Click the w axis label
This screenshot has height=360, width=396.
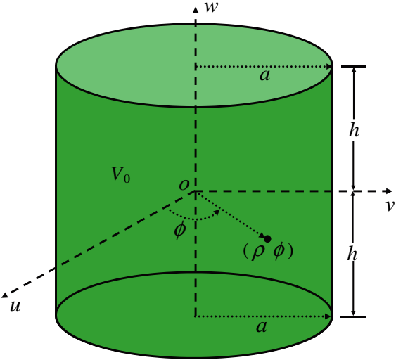coord(212,7)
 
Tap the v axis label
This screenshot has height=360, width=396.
coord(390,206)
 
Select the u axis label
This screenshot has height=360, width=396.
coord(15,307)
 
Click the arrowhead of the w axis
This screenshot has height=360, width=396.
coord(196,10)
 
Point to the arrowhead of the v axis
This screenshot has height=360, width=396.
coord(389,191)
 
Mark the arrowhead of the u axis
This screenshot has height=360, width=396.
coord(5,295)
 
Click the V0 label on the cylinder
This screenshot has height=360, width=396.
coord(121,174)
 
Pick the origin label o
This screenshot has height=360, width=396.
coord(184,185)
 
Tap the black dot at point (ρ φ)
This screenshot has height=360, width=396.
coord(267,239)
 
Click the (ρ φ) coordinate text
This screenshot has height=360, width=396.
coord(268,252)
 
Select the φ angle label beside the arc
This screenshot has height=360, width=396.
coord(180,231)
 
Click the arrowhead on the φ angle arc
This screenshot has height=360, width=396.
coord(217,212)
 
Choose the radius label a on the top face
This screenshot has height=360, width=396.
coord(264,75)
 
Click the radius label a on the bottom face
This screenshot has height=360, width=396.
coord(262,327)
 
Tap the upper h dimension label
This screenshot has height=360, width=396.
coord(354,131)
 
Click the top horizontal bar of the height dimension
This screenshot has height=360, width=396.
coord(354,66)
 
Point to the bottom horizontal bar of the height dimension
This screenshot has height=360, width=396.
coord(353,316)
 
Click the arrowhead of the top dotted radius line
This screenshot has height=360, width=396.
coord(329,67)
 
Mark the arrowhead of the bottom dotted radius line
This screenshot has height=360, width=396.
coord(328,316)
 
